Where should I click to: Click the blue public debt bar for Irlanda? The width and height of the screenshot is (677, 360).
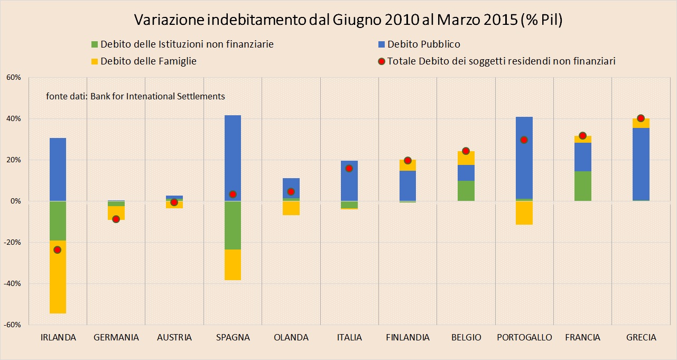(58, 169)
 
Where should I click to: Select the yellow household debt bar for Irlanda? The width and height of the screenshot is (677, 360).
(58, 277)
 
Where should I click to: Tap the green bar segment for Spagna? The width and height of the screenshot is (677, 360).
(233, 225)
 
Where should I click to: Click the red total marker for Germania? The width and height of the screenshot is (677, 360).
(116, 219)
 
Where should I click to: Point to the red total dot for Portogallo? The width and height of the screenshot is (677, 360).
(524, 140)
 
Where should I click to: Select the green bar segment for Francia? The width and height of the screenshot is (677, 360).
(582, 186)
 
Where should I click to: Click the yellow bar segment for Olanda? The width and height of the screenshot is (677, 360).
(291, 208)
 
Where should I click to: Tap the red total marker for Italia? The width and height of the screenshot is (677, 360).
(349, 168)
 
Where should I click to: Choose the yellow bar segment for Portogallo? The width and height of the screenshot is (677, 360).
(524, 213)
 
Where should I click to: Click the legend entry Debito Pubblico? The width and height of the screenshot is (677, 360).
(423, 44)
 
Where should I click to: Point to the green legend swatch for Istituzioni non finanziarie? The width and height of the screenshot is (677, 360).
(95, 44)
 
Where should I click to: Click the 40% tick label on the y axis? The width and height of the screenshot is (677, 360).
(13, 118)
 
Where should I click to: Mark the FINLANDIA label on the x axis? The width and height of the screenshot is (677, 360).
(407, 338)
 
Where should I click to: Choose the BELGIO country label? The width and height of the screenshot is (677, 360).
(466, 338)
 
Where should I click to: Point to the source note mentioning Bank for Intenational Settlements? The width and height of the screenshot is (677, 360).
(135, 96)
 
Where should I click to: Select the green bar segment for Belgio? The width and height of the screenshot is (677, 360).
(466, 191)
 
